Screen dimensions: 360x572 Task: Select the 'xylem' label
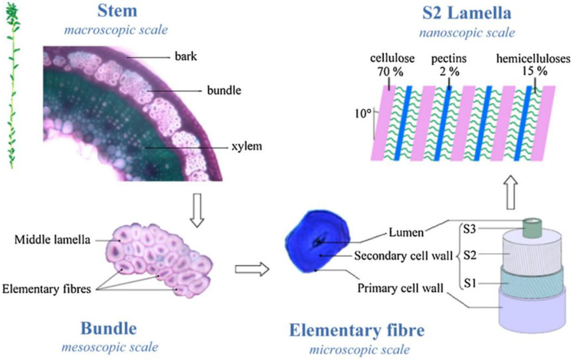(x=246, y=147)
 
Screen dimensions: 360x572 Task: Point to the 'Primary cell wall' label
(x=401, y=289)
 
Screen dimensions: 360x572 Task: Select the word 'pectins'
(x=447, y=59)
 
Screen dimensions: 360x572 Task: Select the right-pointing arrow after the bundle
(x=251, y=269)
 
